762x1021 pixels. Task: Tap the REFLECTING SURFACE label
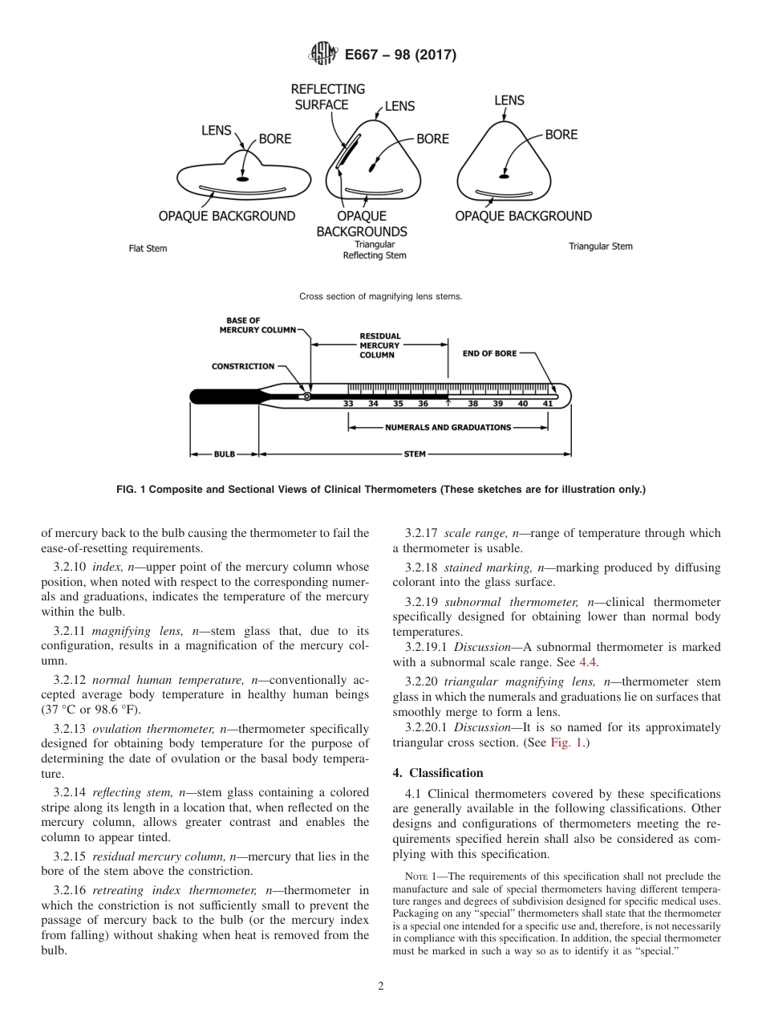pyautogui.click(x=327, y=96)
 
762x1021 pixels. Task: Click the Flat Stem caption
pyautogui.click(x=148, y=248)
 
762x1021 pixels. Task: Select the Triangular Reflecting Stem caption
pyautogui.click(x=375, y=250)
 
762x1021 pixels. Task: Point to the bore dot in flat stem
pyautogui.click(x=242, y=178)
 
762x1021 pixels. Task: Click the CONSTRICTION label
pyautogui.click(x=242, y=366)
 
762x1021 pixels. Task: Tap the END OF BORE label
pyautogui.click(x=489, y=352)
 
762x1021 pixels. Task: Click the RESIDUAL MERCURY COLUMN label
pyautogui.click(x=379, y=345)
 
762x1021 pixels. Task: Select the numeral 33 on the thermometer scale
pyautogui.click(x=348, y=404)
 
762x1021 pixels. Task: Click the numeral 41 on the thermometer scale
pyautogui.click(x=547, y=404)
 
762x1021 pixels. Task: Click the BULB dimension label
pyautogui.click(x=225, y=454)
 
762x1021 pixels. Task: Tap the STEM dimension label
pyautogui.click(x=415, y=454)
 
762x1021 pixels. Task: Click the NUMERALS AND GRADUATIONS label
pyautogui.click(x=448, y=427)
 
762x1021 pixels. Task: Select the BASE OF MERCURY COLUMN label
pyautogui.click(x=257, y=324)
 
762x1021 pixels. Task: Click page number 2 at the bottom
pyautogui.click(x=381, y=986)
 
